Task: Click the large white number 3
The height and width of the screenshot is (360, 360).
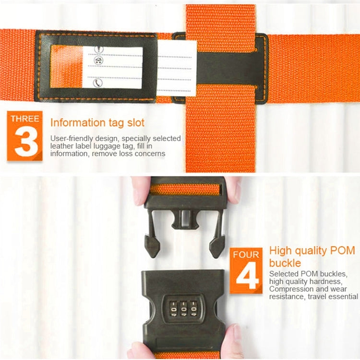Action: pyautogui.click(x=25, y=141)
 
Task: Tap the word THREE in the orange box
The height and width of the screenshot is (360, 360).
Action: pyautogui.click(x=25, y=119)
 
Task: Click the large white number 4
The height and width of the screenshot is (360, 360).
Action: pyautogui.click(x=247, y=275)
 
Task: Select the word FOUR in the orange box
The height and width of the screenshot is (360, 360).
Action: pyautogui.click(x=246, y=254)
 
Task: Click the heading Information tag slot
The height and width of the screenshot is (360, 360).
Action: pyautogui.click(x=97, y=122)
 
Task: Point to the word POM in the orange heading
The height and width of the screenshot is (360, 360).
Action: pyautogui.click(x=342, y=251)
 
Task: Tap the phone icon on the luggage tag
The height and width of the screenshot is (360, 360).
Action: pyautogui.click(x=98, y=83)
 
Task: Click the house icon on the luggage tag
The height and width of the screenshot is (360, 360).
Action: pyautogui.click(x=98, y=60)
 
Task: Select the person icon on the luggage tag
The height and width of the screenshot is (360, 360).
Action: pyautogui.click(x=99, y=49)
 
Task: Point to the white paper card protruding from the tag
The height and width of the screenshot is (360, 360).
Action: pyautogui.click(x=177, y=68)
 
